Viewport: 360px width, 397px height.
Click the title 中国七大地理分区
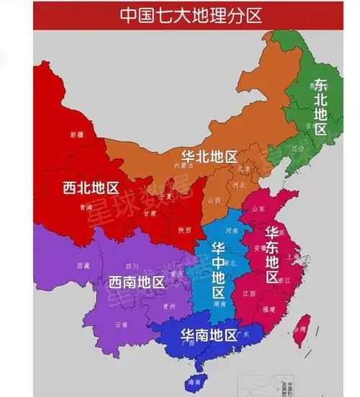[180, 15]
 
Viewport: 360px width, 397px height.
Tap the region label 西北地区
[91, 189]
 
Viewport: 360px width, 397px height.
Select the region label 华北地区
[209, 156]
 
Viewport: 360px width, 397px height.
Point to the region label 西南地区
[137, 281]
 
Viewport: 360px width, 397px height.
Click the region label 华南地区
[208, 334]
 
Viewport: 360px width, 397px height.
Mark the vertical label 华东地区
[273, 255]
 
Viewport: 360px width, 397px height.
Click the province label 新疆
[77, 135]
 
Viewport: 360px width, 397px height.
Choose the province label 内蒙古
[184, 165]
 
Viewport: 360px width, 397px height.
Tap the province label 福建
[270, 308]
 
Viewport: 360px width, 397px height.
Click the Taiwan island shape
[305, 326]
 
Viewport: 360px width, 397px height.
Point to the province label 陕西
[184, 230]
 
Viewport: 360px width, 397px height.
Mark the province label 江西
[249, 293]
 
